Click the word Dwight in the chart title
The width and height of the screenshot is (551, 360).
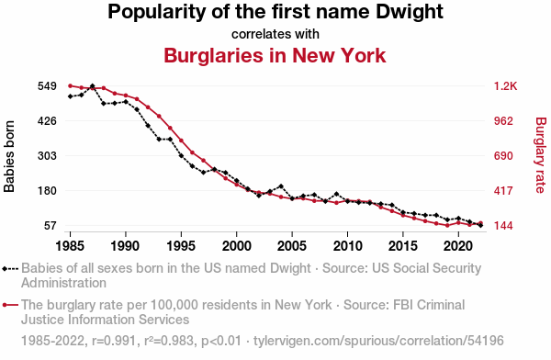[x=410, y=13]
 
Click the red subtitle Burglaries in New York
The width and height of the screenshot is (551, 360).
[x=275, y=55]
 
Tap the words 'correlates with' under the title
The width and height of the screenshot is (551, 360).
[x=275, y=34]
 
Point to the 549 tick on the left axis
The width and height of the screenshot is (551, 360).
[x=47, y=86]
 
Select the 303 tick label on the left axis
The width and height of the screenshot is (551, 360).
[x=47, y=156]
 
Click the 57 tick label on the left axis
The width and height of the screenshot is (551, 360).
[x=51, y=225]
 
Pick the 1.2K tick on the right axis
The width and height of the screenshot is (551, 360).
[x=505, y=86]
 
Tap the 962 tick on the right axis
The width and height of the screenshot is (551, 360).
[x=503, y=121]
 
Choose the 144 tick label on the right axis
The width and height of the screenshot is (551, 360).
[x=503, y=225]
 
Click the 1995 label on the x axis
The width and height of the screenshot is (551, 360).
[x=181, y=246]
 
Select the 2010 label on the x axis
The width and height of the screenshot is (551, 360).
[x=347, y=246]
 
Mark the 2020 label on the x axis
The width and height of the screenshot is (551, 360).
[x=458, y=246]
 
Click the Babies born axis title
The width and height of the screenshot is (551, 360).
[x=9, y=156]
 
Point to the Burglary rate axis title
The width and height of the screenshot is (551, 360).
[x=541, y=155]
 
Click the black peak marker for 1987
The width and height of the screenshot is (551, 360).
[x=93, y=86]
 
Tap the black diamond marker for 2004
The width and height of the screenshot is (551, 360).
[x=281, y=186]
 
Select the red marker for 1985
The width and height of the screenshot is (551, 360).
[x=71, y=85]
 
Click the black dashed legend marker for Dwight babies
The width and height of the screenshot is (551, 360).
[x=9, y=269]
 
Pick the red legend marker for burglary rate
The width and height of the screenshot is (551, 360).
[x=9, y=305]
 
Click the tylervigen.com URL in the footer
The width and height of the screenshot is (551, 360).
[x=378, y=341]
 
